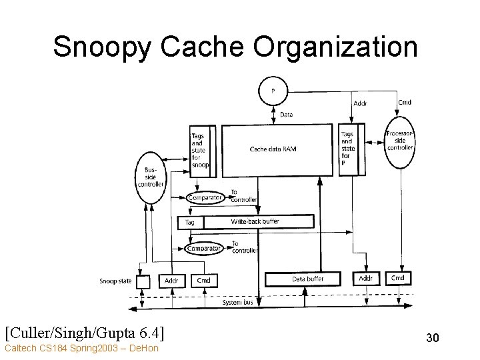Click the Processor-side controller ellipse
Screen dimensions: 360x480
pos(400,140)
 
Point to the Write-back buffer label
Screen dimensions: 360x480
pos(255,221)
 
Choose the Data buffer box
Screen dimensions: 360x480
pos(308,279)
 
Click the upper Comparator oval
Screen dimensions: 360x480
pos(205,197)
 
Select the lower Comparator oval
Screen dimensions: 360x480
pos(204,249)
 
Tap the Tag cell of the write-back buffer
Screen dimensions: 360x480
pos(190,222)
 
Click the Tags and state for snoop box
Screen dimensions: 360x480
pos(200,151)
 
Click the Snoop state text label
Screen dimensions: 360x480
pos(115,281)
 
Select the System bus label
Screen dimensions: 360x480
pos(238,302)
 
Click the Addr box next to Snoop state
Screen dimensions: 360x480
pos(171,281)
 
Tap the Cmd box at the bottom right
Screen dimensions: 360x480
pos(397,278)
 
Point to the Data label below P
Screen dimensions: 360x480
pos(286,115)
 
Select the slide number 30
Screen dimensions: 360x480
pos(432,338)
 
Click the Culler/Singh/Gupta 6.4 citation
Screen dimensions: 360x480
pos(85,331)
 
